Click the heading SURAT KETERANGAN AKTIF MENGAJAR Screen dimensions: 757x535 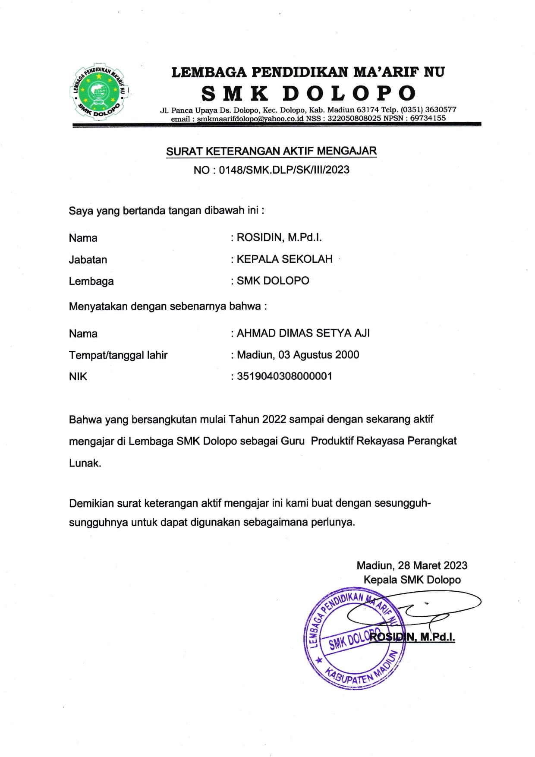click(x=271, y=151)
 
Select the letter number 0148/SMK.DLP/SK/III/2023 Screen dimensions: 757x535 click(x=284, y=170)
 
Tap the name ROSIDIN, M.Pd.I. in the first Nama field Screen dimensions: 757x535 click(x=279, y=237)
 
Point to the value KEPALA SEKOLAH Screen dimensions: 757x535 click(x=284, y=259)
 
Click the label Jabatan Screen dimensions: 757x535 click(x=88, y=260)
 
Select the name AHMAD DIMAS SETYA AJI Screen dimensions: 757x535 click(x=303, y=333)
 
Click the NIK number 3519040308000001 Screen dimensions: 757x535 click(x=284, y=376)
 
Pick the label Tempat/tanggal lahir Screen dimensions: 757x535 click(x=118, y=355)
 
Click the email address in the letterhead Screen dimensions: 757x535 click(x=250, y=118)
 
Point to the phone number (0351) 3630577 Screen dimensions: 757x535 click(x=428, y=110)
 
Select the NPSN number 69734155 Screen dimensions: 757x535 click(x=428, y=118)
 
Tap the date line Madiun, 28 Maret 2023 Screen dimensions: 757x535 click(x=412, y=565)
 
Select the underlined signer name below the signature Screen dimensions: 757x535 click(x=412, y=637)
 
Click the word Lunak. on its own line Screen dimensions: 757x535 click(x=85, y=463)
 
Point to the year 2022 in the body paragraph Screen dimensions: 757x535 click(x=274, y=419)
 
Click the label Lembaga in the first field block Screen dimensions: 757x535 click(x=91, y=281)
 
